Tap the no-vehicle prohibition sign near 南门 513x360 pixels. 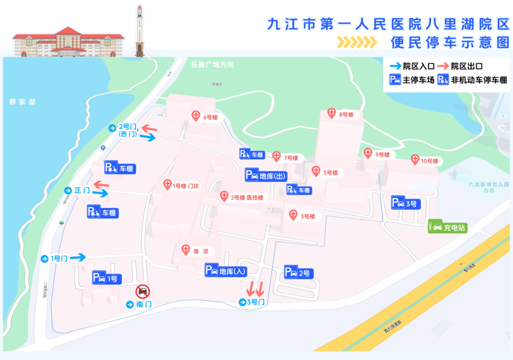point(142,291)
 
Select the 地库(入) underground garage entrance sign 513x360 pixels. point(226,271)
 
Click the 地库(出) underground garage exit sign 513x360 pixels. point(266,175)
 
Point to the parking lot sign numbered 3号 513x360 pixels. point(406,203)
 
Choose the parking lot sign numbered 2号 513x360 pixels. point(298,273)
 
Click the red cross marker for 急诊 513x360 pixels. point(186,250)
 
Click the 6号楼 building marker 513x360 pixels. point(196,116)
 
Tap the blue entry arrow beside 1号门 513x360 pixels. point(78,257)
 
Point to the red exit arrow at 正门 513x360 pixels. point(101,184)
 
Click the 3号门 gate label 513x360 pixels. point(252,302)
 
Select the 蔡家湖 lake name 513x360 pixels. point(22,102)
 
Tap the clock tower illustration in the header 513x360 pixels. point(139,29)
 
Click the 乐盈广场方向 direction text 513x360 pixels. point(212,64)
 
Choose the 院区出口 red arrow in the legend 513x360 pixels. point(444,66)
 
